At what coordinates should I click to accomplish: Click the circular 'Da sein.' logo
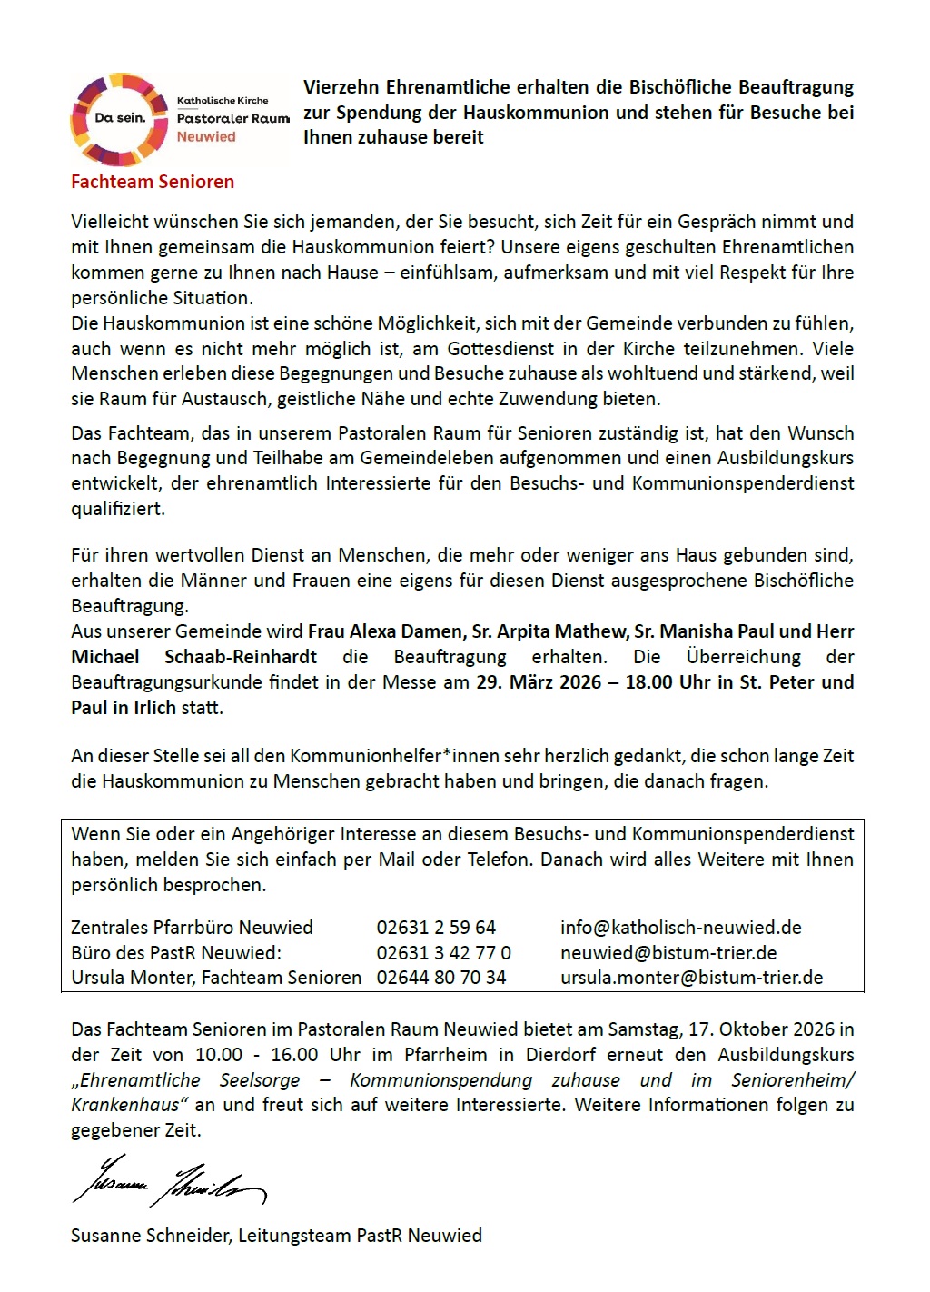click(x=119, y=119)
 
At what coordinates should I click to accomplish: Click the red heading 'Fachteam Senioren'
click(x=153, y=182)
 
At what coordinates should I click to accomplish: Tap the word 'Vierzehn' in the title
click(x=341, y=88)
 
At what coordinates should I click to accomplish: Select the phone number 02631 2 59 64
click(x=436, y=928)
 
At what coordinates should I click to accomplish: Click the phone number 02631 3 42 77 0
click(x=443, y=953)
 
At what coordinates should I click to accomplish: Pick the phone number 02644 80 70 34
click(x=440, y=978)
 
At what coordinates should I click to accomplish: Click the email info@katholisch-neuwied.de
click(x=680, y=928)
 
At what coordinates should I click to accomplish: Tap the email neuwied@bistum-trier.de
click(x=668, y=953)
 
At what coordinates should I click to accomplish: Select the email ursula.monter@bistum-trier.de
click(x=691, y=978)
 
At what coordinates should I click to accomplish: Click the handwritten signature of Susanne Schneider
click(x=168, y=1181)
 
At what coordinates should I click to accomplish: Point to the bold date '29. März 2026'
click(x=539, y=682)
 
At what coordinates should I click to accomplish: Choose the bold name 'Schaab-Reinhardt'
click(x=241, y=657)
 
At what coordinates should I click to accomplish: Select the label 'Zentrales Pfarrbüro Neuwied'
click(x=192, y=928)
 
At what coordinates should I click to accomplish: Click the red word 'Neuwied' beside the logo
click(x=206, y=137)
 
